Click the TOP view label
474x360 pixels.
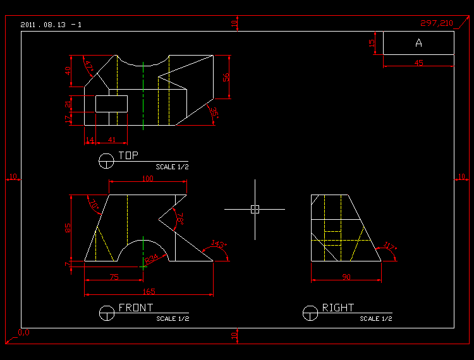click(128, 155)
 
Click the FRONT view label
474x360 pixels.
click(136, 308)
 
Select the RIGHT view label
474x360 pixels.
click(338, 308)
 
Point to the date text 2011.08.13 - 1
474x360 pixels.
click(51, 25)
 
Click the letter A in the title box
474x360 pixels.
click(418, 43)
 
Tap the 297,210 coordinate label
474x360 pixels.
click(437, 23)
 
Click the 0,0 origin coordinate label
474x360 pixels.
click(23, 332)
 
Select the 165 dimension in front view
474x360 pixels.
click(149, 292)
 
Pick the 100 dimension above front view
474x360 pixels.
click(147, 179)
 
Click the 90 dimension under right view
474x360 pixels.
click(346, 277)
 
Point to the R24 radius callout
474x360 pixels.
click(151, 259)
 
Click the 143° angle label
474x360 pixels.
click(217, 243)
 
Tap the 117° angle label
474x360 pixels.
click(389, 246)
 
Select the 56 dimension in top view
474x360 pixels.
click(226, 76)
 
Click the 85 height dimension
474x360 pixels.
click(68, 227)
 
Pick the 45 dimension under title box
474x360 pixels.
click(418, 63)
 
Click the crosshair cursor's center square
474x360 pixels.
click(255, 209)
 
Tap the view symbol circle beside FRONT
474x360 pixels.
click(107, 313)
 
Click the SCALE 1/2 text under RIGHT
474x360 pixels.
click(376, 319)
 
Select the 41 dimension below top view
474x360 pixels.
click(112, 139)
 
